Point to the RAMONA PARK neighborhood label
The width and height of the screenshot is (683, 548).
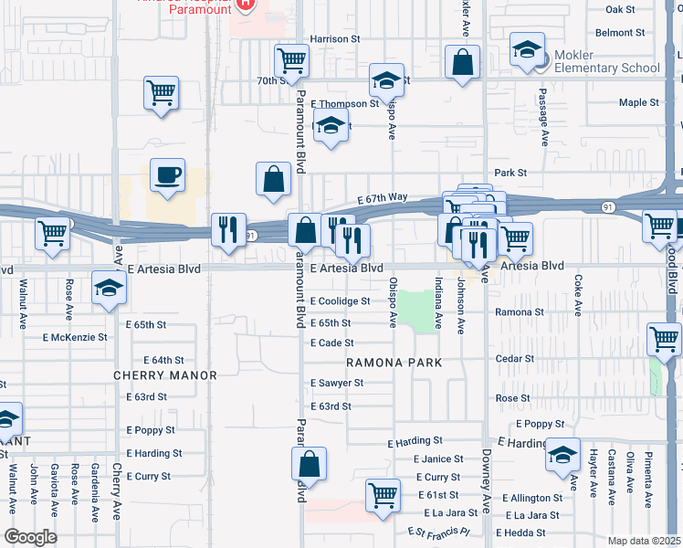[394, 363]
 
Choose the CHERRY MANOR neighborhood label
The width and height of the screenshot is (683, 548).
[165, 375]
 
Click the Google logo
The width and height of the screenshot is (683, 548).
[30, 537]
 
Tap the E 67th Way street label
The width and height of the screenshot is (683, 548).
[383, 197]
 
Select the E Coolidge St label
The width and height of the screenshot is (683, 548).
[340, 301]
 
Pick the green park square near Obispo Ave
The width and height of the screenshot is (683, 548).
[415, 311]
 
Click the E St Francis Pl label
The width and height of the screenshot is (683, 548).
[438, 532]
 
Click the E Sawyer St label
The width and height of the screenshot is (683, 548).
[337, 383]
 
